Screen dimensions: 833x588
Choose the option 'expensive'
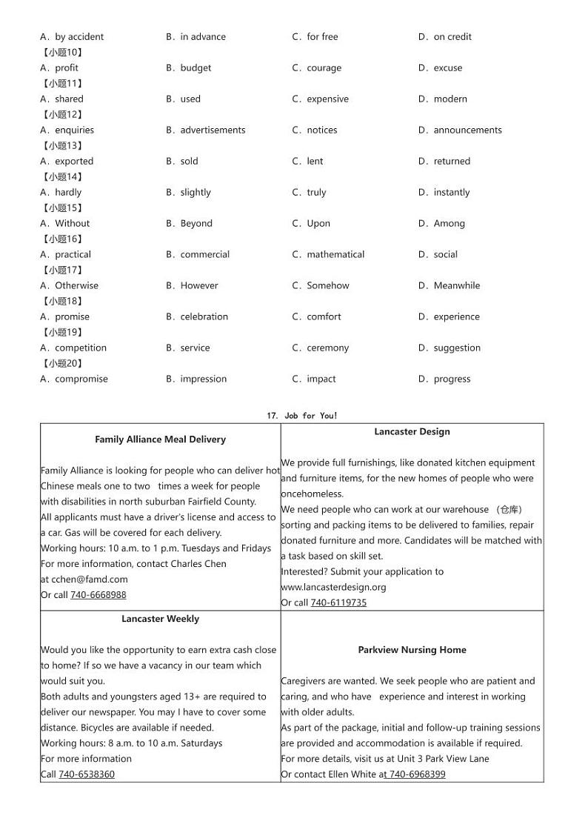pyautogui.click(x=327, y=99)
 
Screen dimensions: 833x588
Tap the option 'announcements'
pyautogui.click(x=467, y=130)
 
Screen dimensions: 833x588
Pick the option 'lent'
pyautogui.click(x=315, y=162)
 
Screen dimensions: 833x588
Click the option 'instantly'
pyautogui.click(x=451, y=193)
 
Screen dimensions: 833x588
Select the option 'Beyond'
pyautogui.click(x=196, y=224)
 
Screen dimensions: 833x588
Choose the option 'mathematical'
pyautogui.click(x=335, y=255)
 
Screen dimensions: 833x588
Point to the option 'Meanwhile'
pyautogui.click(x=456, y=286)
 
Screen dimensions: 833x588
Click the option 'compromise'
pyautogui.click(x=81, y=379)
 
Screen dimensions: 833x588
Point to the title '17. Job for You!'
pyautogui.click(x=301, y=416)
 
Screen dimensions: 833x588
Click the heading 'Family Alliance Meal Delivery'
pyautogui.click(x=160, y=439)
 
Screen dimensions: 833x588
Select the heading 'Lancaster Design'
pyautogui.click(x=412, y=432)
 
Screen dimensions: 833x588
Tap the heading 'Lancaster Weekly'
pyautogui.click(x=160, y=619)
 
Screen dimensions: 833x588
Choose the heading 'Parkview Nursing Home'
pyautogui.click(x=412, y=650)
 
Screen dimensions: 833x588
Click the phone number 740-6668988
pyautogui.click(x=98, y=595)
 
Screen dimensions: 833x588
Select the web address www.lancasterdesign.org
pyautogui.click(x=333, y=587)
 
